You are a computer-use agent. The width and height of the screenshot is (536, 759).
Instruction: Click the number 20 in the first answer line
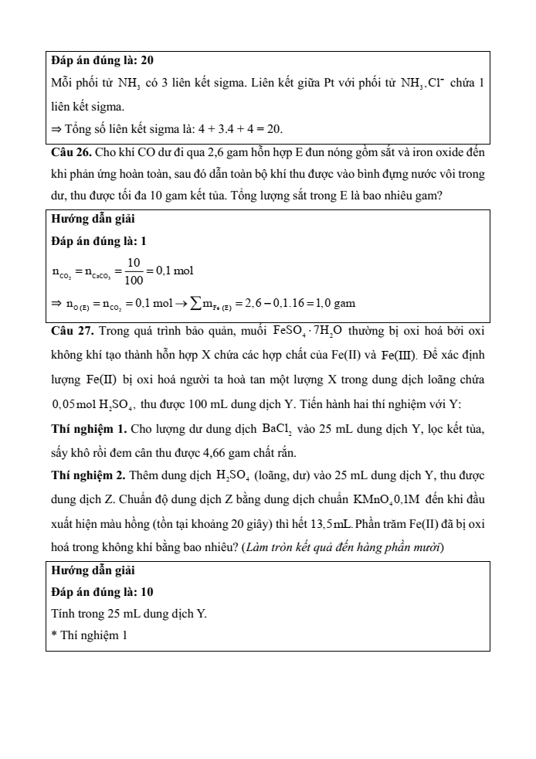(148, 60)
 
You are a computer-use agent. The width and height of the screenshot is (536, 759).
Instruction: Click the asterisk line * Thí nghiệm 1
(88, 636)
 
